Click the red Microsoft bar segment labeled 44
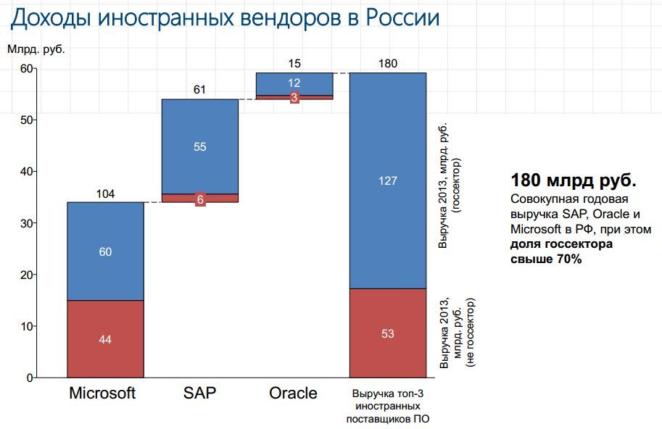(105, 339)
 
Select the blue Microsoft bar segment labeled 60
(105, 251)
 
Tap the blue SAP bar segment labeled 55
(199, 146)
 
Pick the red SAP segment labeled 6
(199, 198)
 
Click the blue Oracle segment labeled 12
(294, 83)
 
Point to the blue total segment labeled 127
(388, 180)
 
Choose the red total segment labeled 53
(388, 333)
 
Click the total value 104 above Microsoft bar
(105, 193)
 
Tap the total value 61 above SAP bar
(199, 90)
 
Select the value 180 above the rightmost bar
(388, 63)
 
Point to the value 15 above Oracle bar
(294, 63)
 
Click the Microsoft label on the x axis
(102, 393)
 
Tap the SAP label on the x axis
(200, 393)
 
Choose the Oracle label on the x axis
(293, 393)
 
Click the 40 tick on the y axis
(25, 171)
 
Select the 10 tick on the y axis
(25, 326)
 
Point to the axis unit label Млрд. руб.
(36, 50)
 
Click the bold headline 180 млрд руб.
(574, 180)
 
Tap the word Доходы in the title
(49, 17)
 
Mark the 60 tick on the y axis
(25, 68)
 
